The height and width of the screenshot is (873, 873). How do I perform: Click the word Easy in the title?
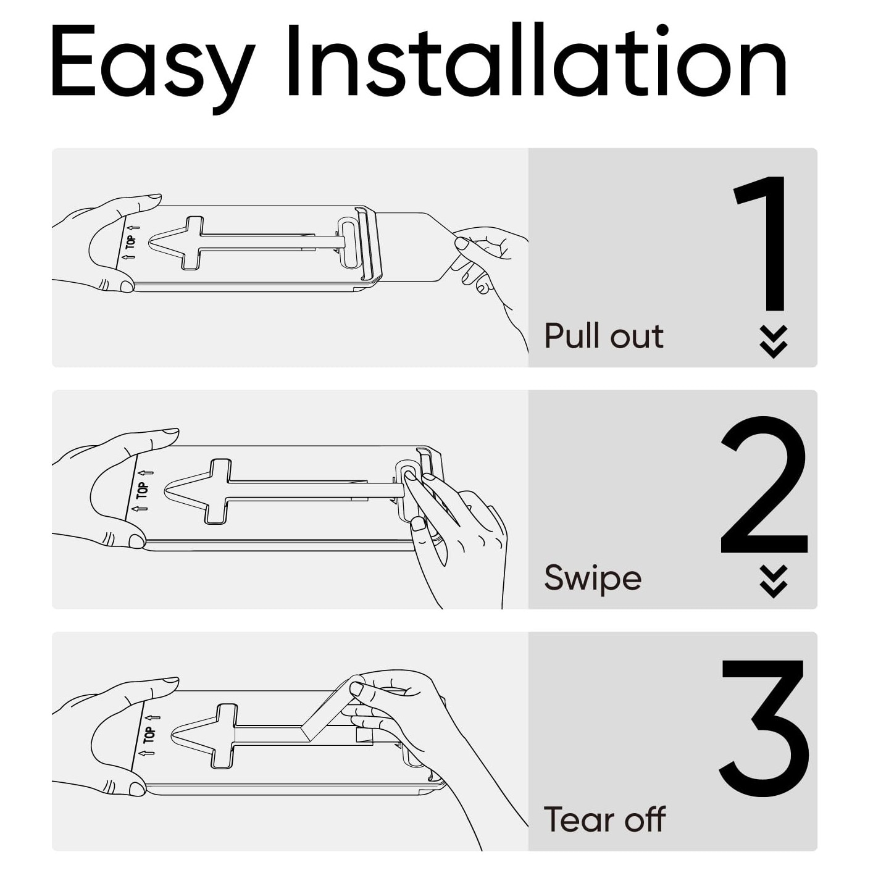(x=152, y=68)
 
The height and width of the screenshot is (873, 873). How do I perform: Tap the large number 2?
(x=764, y=485)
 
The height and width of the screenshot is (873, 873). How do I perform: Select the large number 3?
(x=765, y=728)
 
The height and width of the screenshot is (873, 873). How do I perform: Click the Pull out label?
(x=604, y=336)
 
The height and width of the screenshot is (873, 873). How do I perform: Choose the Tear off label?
(x=604, y=819)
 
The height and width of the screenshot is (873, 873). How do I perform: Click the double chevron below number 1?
(x=774, y=341)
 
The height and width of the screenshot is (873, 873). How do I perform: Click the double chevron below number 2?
(x=774, y=581)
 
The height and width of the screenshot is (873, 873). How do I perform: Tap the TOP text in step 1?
(x=132, y=242)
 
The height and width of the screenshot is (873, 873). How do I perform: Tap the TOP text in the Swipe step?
(x=143, y=490)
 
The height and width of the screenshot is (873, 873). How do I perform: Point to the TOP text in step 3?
(x=150, y=735)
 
